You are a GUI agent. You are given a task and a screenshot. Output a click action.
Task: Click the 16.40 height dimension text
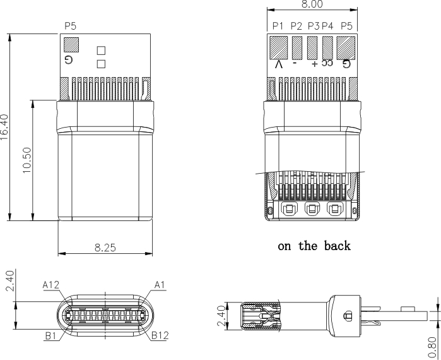point(5,128)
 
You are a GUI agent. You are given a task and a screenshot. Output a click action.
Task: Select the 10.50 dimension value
point(26,160)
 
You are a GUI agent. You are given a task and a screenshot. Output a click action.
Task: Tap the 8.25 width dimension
point(105,248)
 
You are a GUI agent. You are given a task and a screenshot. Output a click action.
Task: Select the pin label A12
point(51,285)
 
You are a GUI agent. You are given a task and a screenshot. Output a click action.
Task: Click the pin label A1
point(160,285)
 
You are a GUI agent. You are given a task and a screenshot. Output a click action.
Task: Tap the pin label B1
point(51,335)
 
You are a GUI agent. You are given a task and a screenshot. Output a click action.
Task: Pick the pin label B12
point(160,335)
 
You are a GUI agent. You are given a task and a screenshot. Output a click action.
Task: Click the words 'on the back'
point(314,246)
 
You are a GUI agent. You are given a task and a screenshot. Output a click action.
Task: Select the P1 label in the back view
point(278,26)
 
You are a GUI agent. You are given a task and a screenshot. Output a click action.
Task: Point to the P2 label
point(296,26)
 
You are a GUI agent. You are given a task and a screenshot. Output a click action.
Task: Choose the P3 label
point(313,26)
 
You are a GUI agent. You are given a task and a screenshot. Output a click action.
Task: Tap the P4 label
point(327,26)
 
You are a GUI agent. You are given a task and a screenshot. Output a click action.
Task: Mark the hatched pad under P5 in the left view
point(71,45)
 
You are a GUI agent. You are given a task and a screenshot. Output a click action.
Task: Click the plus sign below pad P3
point(314,64)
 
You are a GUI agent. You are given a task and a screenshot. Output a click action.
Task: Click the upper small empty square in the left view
point(101,50)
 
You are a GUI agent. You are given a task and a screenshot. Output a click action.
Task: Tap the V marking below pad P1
point(279,64)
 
